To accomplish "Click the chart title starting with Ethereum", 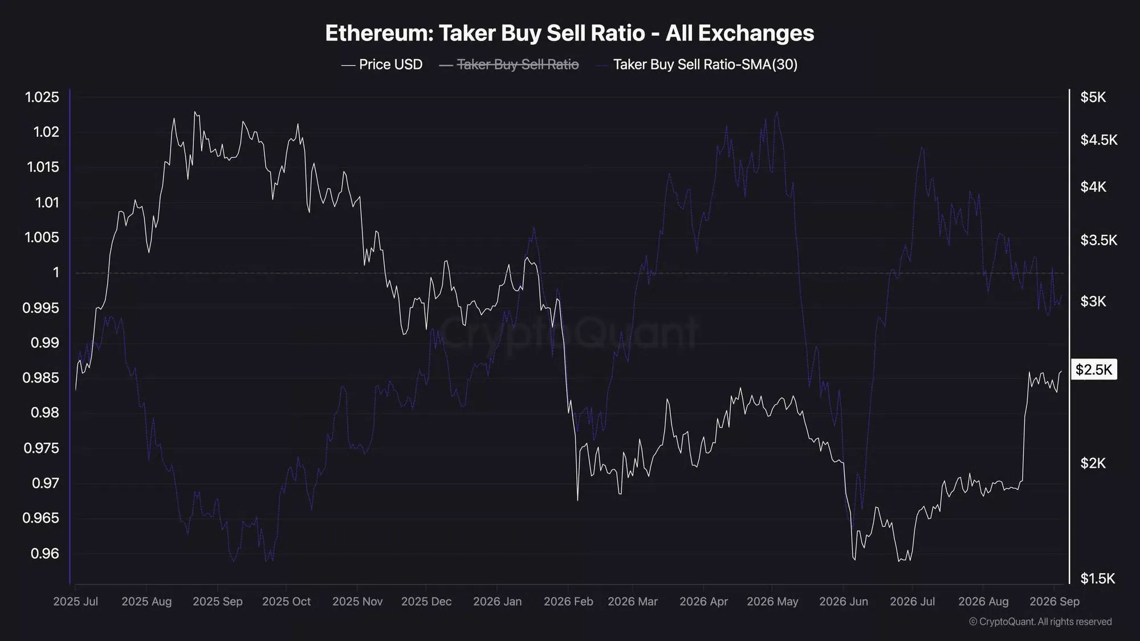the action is (x=569, y=33).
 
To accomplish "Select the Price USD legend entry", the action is (x=382, y=64).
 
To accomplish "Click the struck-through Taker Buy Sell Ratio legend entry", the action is (x=509, y=64).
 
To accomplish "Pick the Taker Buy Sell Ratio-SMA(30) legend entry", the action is (x=697, y=64).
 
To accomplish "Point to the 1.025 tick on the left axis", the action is (x=42, y=97).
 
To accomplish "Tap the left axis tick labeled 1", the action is (x=56, y=272).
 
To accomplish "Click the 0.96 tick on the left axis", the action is (x=45, y=553).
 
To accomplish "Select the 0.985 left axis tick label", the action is (x=41, y=378).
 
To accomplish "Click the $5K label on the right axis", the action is (x=1093, y=97).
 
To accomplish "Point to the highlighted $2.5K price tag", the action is (x=1094, y=370).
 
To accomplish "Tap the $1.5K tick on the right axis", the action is (x=1098, y=578).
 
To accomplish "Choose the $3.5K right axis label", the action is (x=1099, y=240).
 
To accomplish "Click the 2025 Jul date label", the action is (x=76, y=602).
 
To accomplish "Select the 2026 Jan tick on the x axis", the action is (x=497, y=602).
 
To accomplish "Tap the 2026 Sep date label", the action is (x=1054, y=602).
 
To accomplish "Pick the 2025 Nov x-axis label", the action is (x=357, y=602).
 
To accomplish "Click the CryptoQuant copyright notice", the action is (x=1040, y=622).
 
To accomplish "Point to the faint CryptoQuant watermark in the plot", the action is (x=569, y=332).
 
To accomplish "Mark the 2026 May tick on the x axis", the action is (x=772, y=602).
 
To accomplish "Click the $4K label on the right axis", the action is (x=1093, y=186).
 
